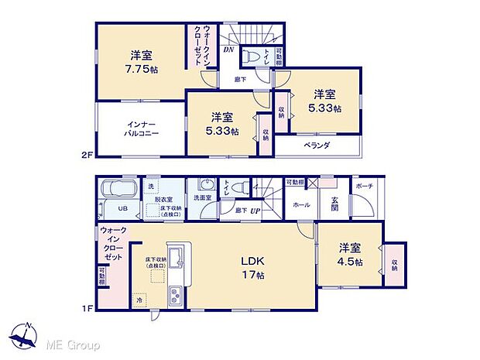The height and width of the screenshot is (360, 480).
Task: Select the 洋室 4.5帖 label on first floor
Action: pos(349,255)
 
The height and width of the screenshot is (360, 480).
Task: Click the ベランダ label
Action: pos(317,145)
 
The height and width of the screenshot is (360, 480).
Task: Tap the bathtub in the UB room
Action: pos(118,190)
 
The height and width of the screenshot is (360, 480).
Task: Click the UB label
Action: pos(122,209)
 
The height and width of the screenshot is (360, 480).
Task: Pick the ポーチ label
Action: pos(364,187)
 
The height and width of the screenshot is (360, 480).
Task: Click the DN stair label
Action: pos(228,50)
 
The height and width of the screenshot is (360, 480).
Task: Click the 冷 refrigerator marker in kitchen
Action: pos(140,300)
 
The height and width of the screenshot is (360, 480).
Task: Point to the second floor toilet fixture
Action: pos(249,57)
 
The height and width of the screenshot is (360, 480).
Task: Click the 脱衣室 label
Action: pos(163,199)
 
